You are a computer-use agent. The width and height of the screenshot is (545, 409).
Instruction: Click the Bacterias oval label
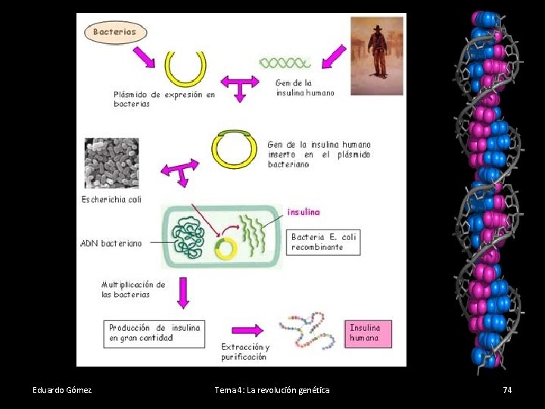coord(115,32)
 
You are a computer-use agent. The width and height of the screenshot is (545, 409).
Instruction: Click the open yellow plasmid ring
coord(185,68)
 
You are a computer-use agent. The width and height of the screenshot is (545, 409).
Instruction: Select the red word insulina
coord(304,212)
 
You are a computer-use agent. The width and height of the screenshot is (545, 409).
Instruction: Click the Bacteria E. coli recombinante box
coord(324,242)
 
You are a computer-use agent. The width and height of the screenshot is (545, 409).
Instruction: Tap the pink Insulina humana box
coord(369,333)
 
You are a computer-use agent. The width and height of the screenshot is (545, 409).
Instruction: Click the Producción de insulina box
coord(154,333)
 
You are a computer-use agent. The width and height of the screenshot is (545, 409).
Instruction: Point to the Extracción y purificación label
coord(244,351)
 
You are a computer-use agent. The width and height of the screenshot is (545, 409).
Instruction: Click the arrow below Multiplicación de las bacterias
coord(182,292)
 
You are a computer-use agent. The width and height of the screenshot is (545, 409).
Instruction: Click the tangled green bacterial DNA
coord(192,239)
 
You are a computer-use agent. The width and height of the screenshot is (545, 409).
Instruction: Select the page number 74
coord(507,390)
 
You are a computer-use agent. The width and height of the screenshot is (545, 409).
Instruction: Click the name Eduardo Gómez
coord(62,390)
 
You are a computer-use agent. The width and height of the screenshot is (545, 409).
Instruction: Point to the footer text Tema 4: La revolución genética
coord(272,390)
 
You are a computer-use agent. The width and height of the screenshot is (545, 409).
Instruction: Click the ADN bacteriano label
coord(111,244)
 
